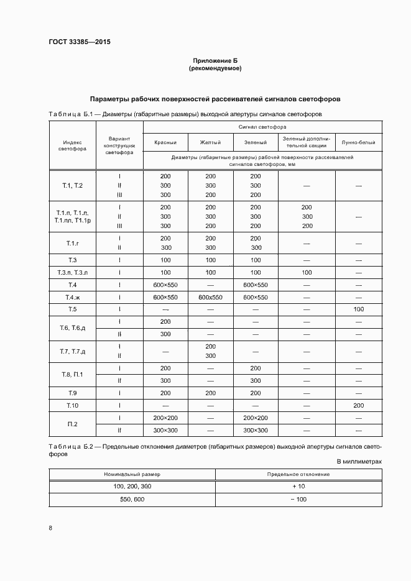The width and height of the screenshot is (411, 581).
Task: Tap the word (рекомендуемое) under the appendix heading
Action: [215, 68]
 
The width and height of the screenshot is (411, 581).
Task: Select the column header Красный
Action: [165, 143]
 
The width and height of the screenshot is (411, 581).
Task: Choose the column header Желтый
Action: [210, 143]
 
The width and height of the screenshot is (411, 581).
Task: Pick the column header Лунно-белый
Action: [358, 143]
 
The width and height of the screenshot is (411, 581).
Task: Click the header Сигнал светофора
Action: [262, 126]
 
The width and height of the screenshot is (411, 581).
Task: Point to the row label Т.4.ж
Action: [72, 297]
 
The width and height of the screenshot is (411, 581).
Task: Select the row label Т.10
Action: [72, 405]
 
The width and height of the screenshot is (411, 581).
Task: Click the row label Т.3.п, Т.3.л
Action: [72, 272]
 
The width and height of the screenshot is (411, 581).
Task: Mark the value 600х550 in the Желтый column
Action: [210, 297]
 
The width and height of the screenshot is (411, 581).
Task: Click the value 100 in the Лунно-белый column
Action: [358, 309]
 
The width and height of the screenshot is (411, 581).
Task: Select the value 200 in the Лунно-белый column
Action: [358, 405]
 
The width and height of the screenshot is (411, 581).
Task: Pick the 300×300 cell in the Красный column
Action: [165, 430]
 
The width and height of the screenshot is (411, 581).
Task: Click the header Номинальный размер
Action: [132, 474]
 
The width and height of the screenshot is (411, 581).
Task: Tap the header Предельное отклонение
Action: [298, 474]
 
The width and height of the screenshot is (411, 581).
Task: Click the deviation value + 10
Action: [298, 486]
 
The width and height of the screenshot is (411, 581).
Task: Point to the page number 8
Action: [50, 528]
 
